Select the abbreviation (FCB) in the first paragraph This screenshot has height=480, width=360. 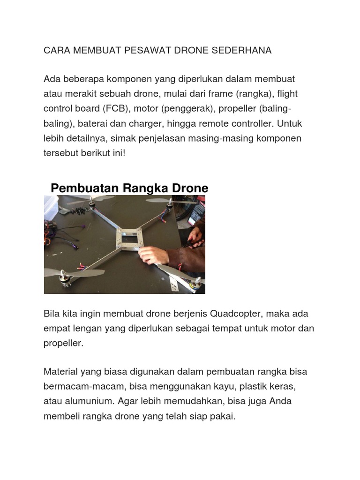coord(115,109)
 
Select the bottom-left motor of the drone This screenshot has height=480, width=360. coord(62,279)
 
